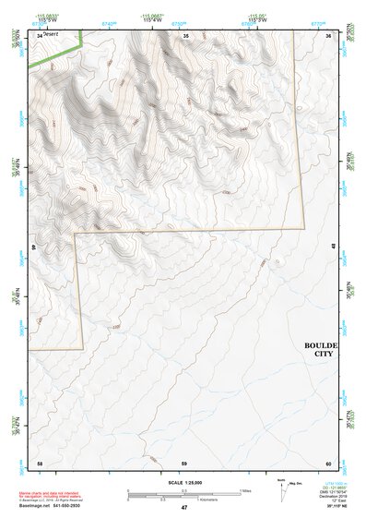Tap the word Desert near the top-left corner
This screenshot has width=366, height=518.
(x=50, y=35)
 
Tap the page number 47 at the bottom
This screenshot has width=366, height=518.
(x=183, y=508)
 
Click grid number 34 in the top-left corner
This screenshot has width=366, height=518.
(x=39, y=34)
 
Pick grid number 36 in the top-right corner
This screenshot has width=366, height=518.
(x=329, y=34)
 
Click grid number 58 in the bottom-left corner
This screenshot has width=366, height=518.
(x=39, y=462)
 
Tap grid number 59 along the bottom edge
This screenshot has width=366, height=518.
(x=184, y=462)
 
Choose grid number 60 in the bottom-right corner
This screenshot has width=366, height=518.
(x=328, y=462)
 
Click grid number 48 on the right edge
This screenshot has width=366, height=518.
(x=333, y=245)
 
